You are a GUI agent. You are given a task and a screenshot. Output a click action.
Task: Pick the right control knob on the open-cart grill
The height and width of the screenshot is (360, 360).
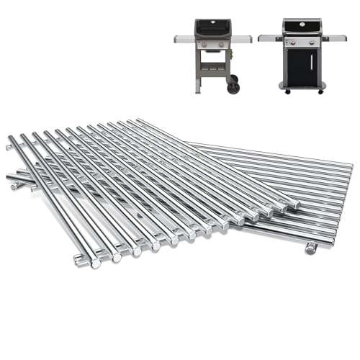tap(217, 45)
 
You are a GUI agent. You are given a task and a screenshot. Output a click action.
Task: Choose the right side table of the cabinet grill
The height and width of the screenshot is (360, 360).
tap(335, 37)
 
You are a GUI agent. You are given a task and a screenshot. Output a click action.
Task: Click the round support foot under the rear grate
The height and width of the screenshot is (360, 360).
tap(311, 248)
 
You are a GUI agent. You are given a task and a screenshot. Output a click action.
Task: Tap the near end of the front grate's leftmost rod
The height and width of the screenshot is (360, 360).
tap(95, 263)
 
